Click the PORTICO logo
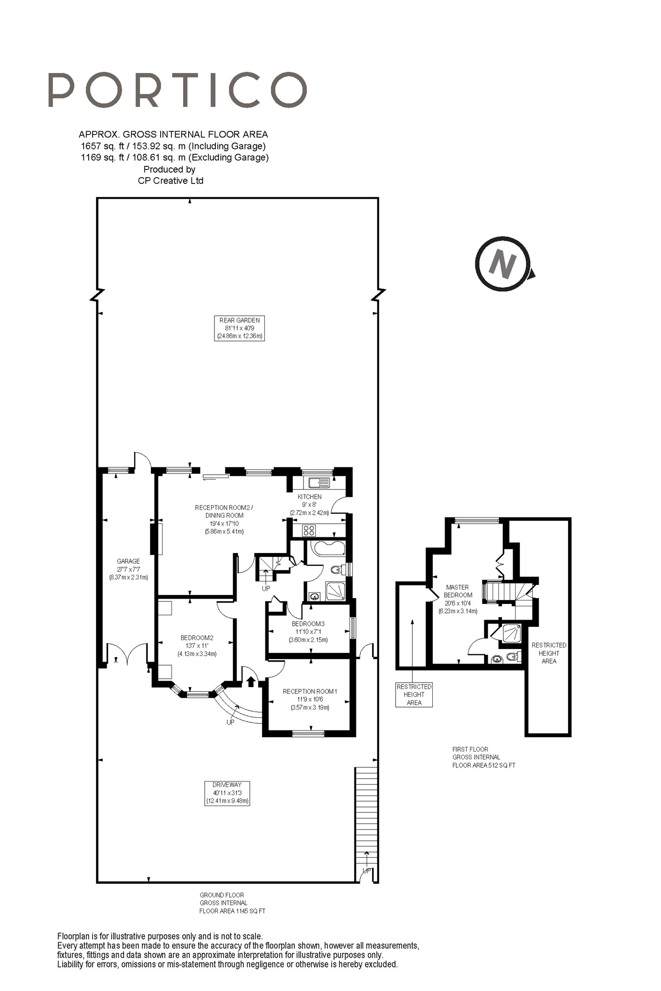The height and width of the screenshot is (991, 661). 177,90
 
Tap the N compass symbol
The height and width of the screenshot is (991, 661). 503,264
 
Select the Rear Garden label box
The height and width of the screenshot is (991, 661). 239,328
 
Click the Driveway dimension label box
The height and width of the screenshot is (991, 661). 227,793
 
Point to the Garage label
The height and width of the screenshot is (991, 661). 128,569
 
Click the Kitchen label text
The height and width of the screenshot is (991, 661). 309,505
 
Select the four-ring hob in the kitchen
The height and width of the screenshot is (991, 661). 309,530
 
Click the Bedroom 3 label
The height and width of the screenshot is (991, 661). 308,631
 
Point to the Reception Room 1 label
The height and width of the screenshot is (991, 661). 310,699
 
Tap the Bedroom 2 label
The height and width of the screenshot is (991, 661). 197,645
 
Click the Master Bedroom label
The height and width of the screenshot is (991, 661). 457,599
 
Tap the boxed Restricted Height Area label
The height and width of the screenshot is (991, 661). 414,694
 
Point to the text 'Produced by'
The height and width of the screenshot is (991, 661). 169,169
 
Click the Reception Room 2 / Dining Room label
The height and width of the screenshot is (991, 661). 224,519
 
